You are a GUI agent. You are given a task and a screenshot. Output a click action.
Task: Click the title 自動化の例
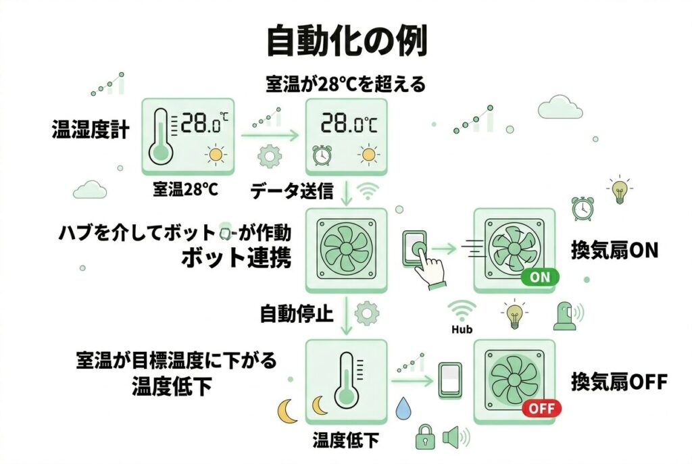coord(346,43)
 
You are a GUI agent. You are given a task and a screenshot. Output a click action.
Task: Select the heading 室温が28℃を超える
coord(345,84)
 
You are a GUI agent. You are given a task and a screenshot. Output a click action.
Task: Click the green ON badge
coord(540,277)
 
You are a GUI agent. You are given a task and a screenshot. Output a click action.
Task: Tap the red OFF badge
coord(541,408)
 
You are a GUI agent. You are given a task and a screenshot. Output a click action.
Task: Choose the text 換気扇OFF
coord(619,382)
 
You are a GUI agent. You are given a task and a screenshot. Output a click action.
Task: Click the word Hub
coord(462,330)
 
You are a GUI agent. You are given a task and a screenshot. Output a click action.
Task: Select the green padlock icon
coord(424,436)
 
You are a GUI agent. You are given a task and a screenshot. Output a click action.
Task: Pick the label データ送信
coord(292,191)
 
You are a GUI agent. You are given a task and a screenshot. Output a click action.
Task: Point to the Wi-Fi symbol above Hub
coord(462,311)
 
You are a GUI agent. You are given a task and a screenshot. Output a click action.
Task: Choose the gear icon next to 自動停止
coord(367,313)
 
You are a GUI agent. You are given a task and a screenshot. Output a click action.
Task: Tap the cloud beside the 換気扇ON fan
coord(561,107)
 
